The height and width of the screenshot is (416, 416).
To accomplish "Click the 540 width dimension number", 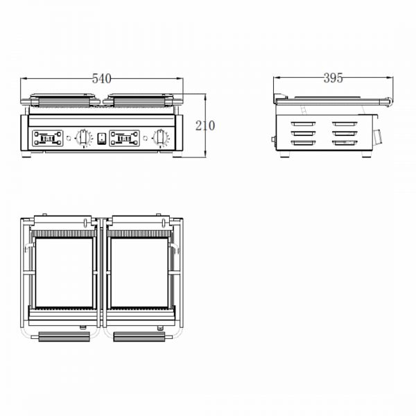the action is pos(102,78).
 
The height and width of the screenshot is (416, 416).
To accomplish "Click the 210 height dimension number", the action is pos(205,125).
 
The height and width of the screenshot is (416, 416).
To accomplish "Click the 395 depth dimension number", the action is pos(333,78).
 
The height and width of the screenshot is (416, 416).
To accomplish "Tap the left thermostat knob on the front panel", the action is pos(83,137).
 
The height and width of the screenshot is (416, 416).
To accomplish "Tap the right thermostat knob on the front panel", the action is pos(160,137).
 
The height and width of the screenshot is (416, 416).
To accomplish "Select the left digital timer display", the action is pos(48,138).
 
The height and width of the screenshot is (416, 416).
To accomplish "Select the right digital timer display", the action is pos(124,138).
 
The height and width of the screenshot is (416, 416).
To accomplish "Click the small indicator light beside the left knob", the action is pos(69,138).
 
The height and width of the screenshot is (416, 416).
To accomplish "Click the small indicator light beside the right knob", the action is pos(146,138).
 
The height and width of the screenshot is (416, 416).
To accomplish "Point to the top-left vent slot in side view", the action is pos(303,123).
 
